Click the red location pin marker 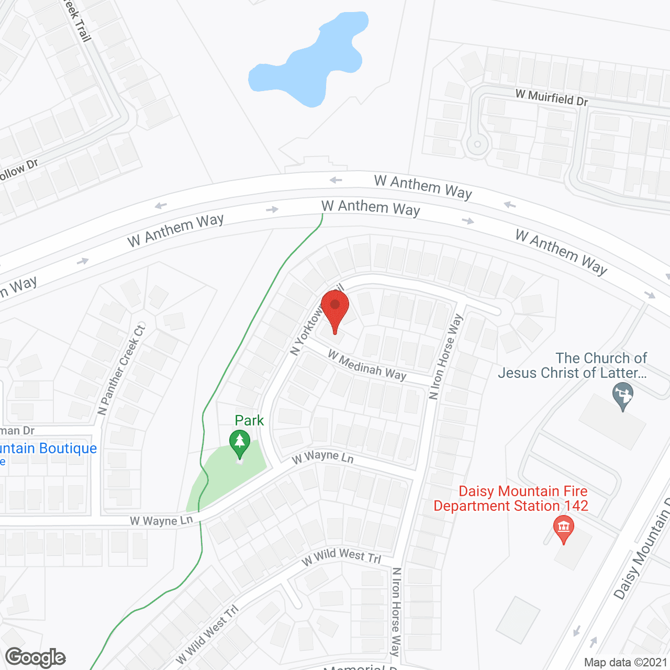335,309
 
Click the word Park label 249,420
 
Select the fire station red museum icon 563,528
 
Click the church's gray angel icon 622,395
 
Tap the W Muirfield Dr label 551,97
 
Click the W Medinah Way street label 367,365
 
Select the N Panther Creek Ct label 121,370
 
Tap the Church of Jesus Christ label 573,365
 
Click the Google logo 36,657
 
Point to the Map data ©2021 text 626,662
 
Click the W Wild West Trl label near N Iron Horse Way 341,557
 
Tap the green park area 225,474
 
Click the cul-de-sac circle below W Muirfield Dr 477,144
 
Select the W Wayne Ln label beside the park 323,457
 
